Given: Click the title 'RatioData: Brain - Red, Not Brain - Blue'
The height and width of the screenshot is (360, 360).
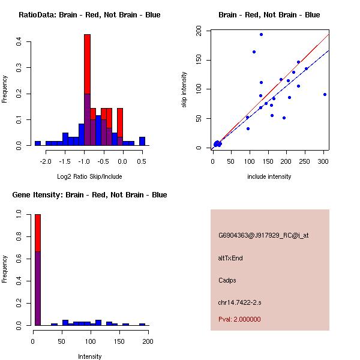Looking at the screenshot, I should coord(89,15).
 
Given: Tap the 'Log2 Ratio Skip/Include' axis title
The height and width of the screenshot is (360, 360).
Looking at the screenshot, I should coord(89,176).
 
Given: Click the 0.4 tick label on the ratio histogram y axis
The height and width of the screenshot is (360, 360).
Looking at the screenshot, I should coord(19,41).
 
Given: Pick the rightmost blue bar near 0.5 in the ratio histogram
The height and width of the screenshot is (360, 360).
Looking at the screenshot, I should coord(142,142).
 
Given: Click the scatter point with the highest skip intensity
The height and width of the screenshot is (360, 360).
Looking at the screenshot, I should coord(261,34).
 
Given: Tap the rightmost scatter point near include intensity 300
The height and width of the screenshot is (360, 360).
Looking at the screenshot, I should coord(325,94).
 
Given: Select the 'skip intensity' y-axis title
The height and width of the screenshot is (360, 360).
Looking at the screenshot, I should coord(185,90).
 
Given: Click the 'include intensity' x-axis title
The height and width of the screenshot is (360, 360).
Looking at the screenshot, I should coord(269,176).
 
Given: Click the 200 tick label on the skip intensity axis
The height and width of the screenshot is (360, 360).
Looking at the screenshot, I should coord(199,31).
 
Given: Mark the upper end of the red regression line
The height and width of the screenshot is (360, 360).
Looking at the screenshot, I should coord(328,35).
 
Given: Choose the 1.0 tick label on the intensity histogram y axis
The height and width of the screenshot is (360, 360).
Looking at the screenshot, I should coord(19,214).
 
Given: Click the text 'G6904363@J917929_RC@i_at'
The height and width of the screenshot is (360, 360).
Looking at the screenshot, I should coord(263,235).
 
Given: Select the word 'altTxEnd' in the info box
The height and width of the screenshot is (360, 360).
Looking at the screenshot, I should coord(230,257).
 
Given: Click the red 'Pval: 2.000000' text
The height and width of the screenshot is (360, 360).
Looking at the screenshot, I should coord(239,319).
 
